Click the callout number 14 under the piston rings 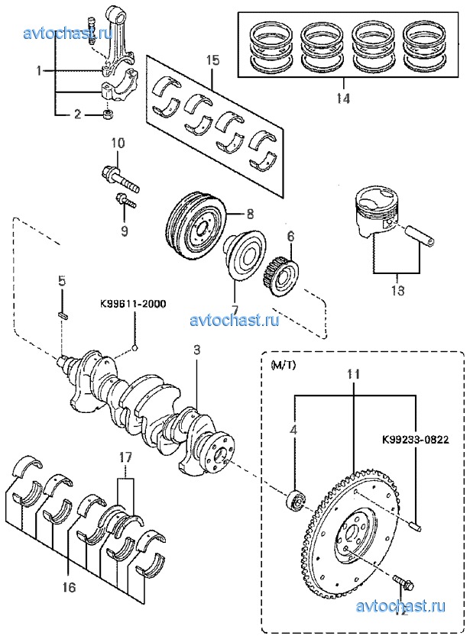(x=343, y=98)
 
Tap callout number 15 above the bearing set (x=212, y=59)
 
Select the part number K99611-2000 (x=131, y=303)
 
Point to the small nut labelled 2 (x=109, y=115)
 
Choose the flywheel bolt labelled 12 (x=404, y=586)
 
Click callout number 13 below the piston (x=397, y=291)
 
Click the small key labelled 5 (x=64, y=314)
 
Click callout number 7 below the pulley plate (x=235, y=289)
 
